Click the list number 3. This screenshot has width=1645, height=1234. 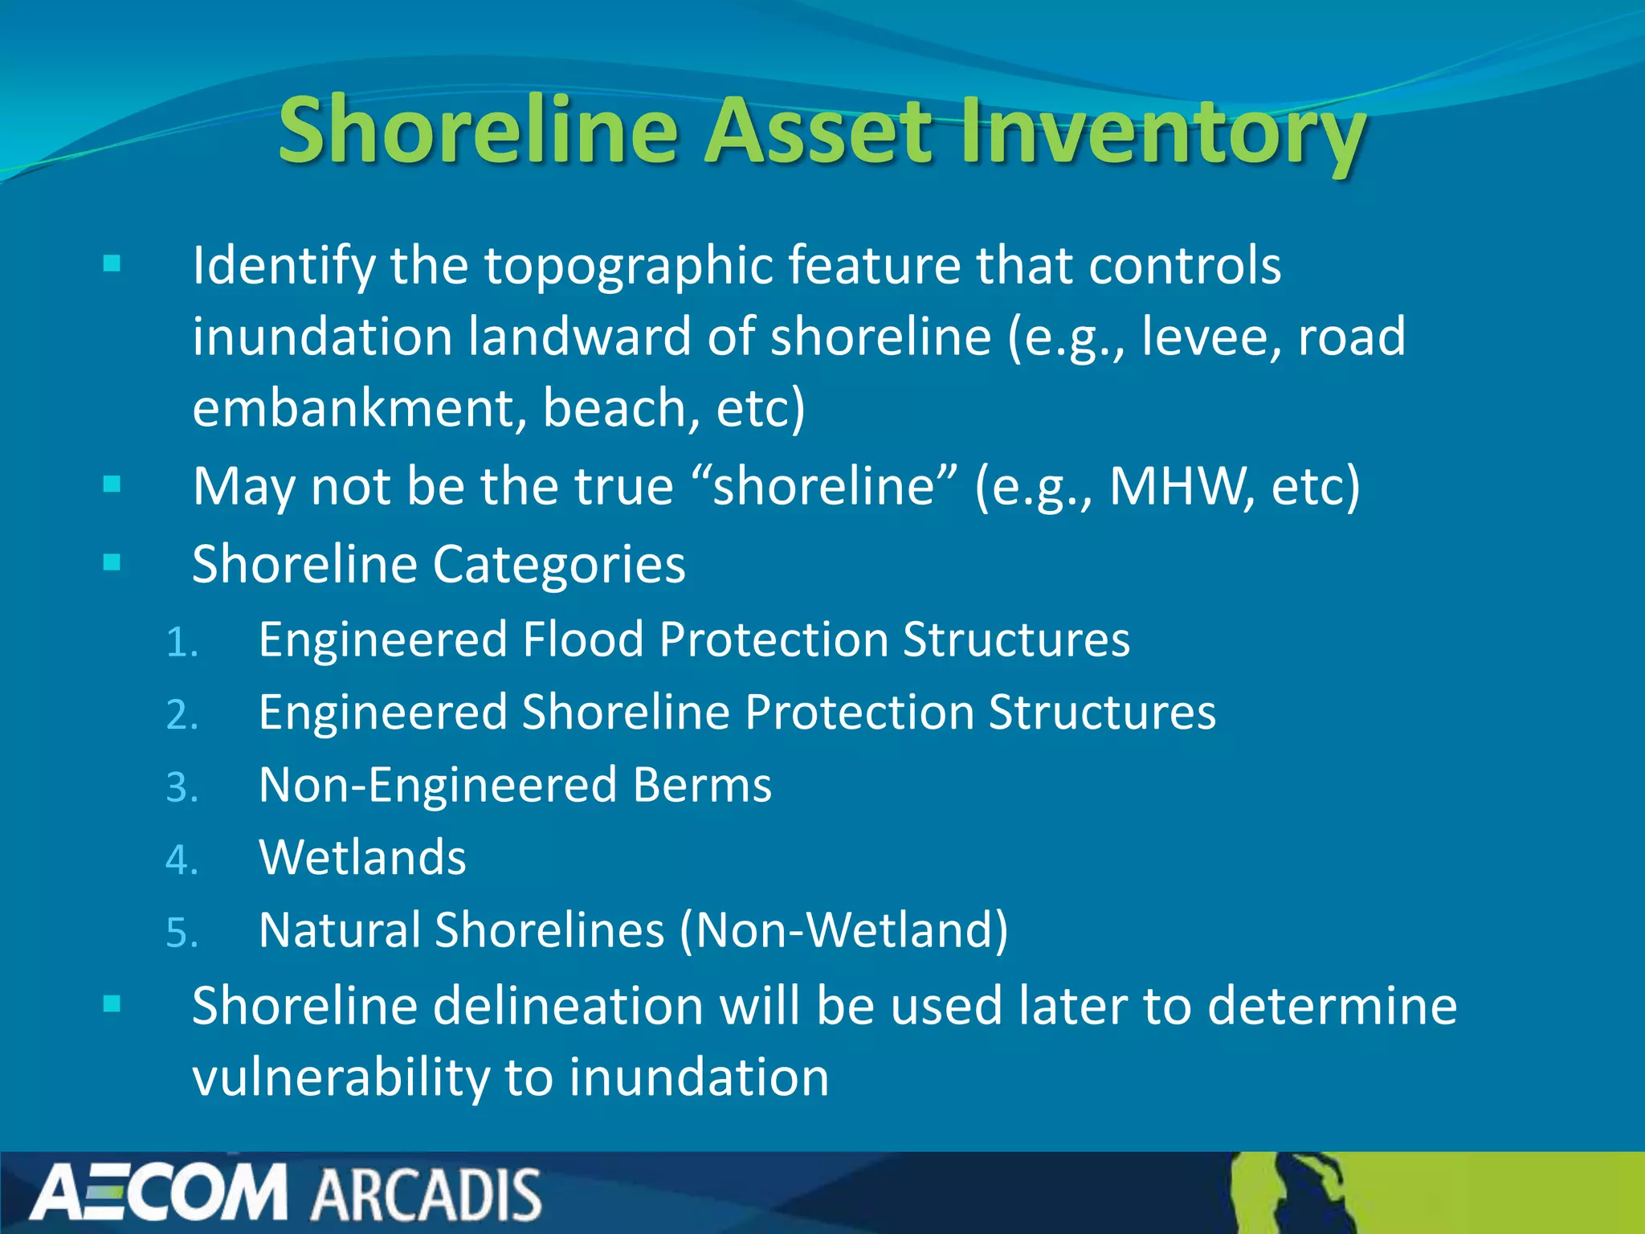tap(182, 788)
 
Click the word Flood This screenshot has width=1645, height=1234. tap(583, 639)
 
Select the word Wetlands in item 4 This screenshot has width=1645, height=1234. tap(362, 857)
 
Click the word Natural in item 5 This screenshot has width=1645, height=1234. tap(340, 930)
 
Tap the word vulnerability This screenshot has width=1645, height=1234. tap(340, 1078)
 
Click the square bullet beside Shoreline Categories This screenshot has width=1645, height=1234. tap(112, 562)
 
